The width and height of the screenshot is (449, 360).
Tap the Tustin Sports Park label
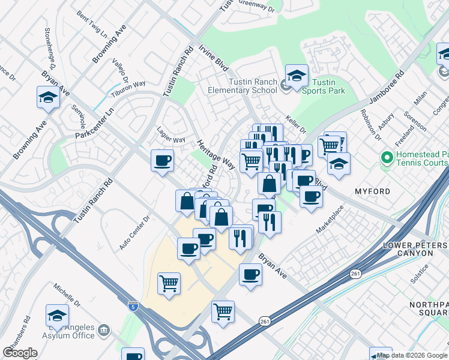pyautogui.click(x=324, y=86)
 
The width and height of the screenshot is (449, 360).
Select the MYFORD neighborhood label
pyautogui.click(x=372, y=191)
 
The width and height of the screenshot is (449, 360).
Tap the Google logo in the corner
pyautogui.click(x=20, y=352)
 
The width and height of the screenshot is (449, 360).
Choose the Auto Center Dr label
pyautogui.click(x=133, y=233)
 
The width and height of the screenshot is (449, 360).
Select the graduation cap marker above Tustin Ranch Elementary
pyautogui.click(x=297, y=75)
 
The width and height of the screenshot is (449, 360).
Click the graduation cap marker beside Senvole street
pyautogui.click(x=48, y=97)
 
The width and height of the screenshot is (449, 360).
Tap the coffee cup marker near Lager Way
pyautogui.click(x=163, y=160)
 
